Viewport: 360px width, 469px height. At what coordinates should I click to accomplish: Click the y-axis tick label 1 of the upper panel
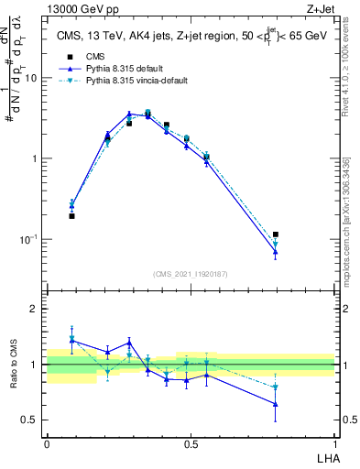click(35, 158)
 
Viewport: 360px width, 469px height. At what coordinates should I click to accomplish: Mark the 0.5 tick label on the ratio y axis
click(30, 420)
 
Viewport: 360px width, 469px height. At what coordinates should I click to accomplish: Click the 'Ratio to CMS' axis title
click(13, 365)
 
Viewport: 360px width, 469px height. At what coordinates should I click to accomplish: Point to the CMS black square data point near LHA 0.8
click(276, 234)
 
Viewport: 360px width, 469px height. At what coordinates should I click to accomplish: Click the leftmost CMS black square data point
click(71, 216)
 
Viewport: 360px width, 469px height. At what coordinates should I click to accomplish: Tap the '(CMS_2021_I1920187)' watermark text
click(191, 274)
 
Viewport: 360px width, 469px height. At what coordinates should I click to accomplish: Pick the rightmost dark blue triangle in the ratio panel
click(276, 404)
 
